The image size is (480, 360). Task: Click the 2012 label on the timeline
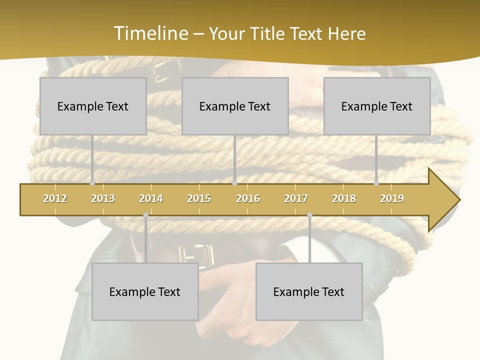pyautogui.click(x=55, y=198)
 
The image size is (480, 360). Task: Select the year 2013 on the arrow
pyautogui.click(x=103, y=198)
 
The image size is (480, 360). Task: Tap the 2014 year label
pyautogui.click(x=151, y=198)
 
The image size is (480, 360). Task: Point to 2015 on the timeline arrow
pyautogui.click(x=199, y=198)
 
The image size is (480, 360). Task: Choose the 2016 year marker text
pyautogui.click(x=248, y=198)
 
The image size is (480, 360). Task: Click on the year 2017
pyautogui.click(x=296, y=198)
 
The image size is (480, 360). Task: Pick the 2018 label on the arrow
pyautogui.click(x=344, y=198)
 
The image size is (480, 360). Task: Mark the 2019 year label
pyautogui.click(x=392, y=198)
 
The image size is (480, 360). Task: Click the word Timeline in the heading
pyautogui.click(x=150, y=33)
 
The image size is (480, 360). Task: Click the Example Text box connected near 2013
pyautogui.click(x=93, y=106)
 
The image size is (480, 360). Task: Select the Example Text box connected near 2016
pyautogui.click(x=235, y=106)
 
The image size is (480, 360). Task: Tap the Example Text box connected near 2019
pyautogui.click(x=377, y=106)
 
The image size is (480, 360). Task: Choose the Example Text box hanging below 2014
pyautogui.click(x=145, y=291)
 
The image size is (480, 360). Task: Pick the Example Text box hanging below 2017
pyautogui.click(x=309, y=291)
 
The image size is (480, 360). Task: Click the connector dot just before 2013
pyautogui.click(x=92, y=183)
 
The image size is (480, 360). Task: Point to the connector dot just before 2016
pyautogui.click(x=234, y=183)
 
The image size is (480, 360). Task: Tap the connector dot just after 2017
pyautogui.click(x=309, y=215)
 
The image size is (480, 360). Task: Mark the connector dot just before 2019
pyautogui.click(x=376, y=183)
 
